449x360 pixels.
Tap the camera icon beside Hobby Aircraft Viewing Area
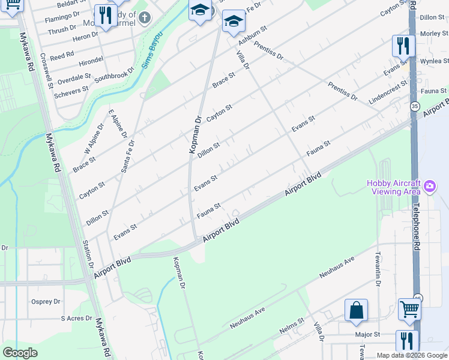coord(429,187)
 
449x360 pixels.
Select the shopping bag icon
coord(356,311)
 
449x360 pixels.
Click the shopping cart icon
coord(409,309)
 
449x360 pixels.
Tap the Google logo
coord(20,352)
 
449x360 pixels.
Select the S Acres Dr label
coord(76,319)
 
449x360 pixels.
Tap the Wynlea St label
coord(434,61)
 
